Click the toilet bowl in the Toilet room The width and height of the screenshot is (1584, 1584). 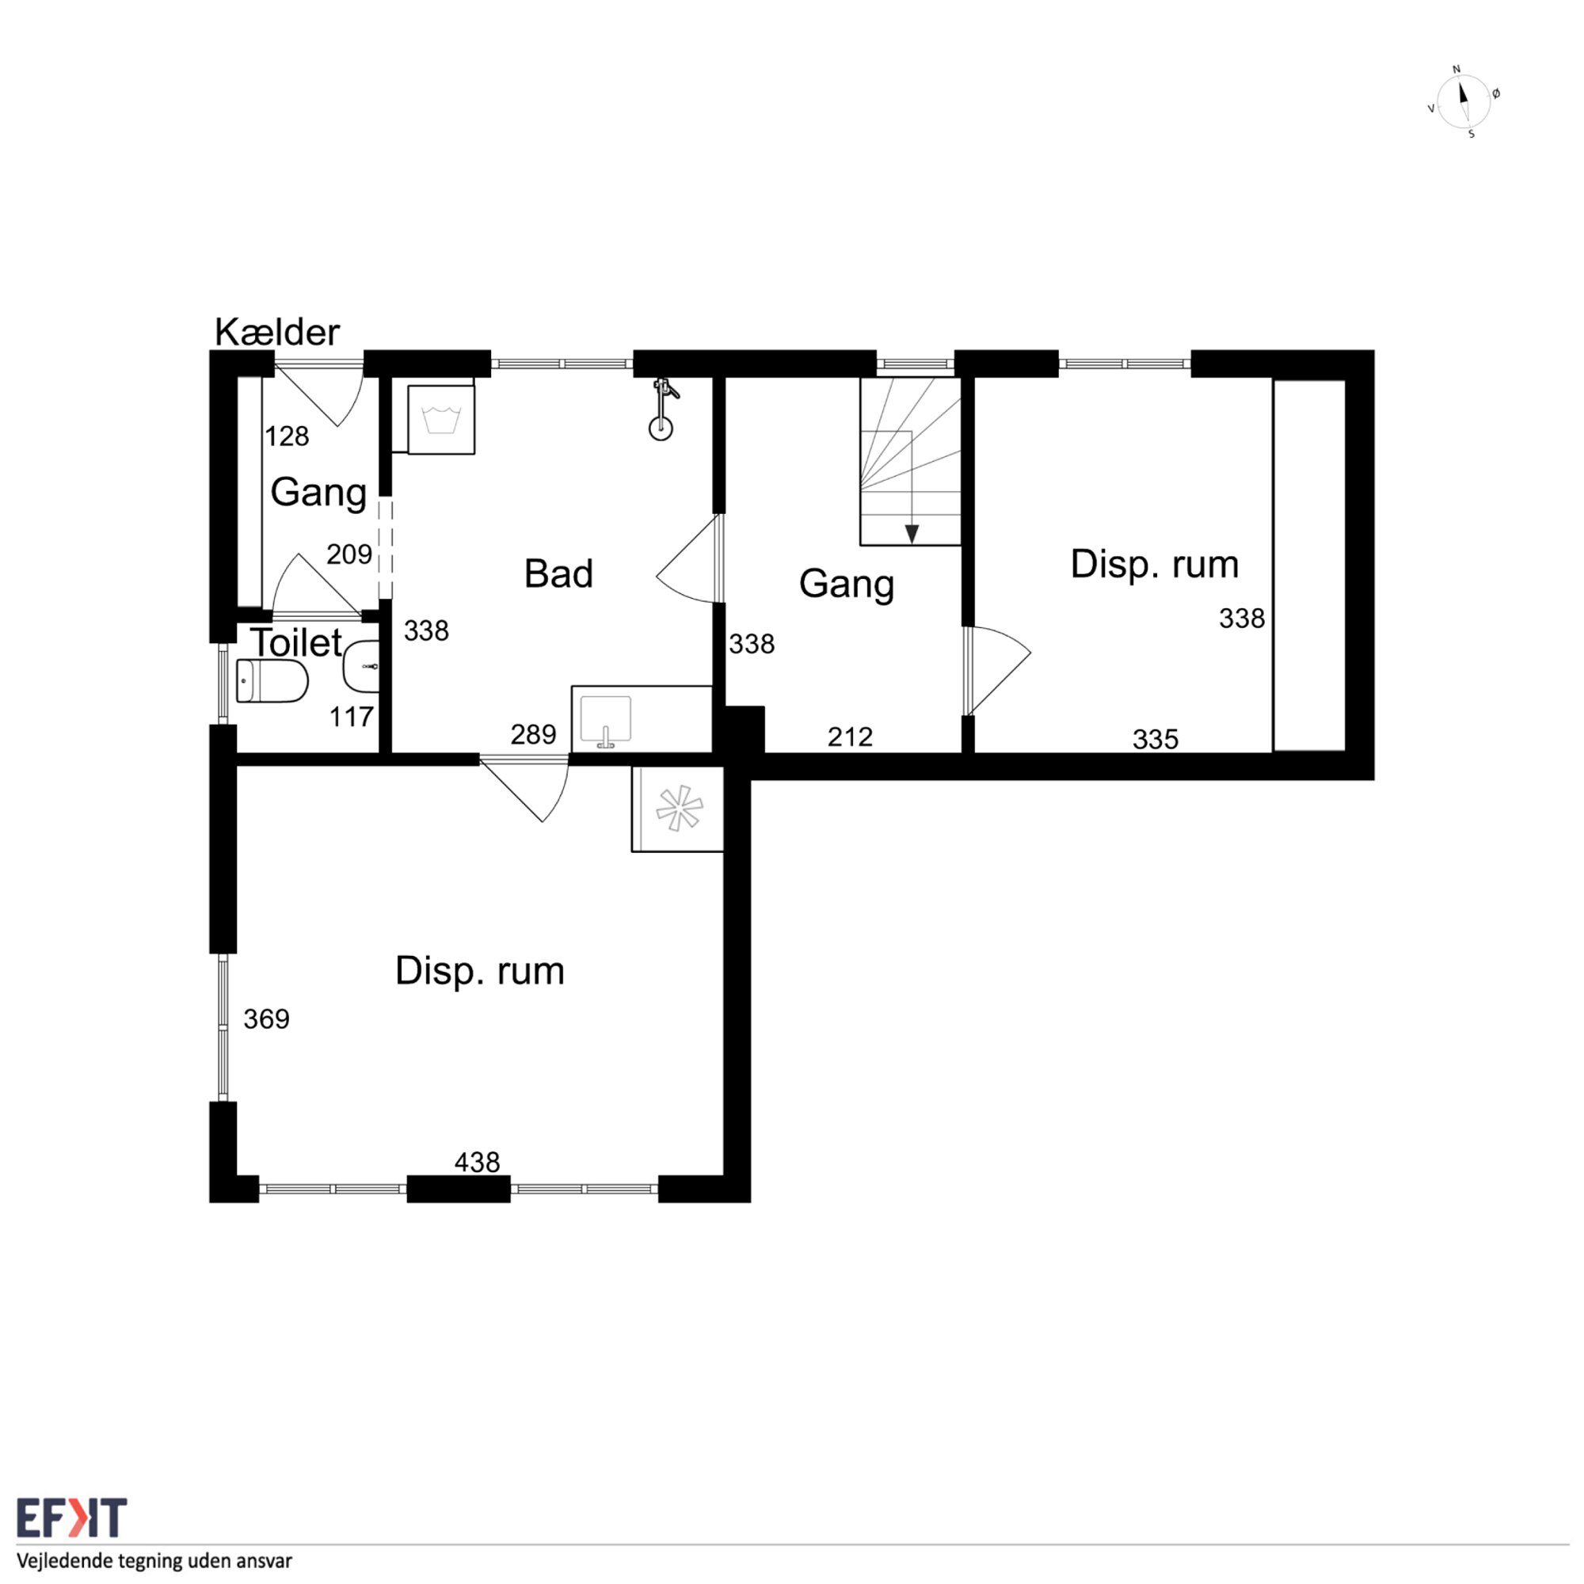click(272, 681)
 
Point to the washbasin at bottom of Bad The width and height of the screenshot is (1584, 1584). click(606, 721)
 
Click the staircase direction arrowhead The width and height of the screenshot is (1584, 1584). click(912, 534)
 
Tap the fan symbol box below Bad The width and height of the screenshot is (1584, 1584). click(677, 809)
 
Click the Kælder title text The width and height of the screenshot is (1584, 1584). click(277, 332)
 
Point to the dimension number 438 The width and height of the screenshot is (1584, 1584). click(477, 1162)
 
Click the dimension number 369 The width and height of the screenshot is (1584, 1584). click(266, 1019)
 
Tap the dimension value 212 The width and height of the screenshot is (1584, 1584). click(850, 737)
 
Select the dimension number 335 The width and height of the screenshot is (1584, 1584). click(1156, 740)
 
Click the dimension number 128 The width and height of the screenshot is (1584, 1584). click(287, 436)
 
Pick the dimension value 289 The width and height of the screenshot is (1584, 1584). click(533, 735)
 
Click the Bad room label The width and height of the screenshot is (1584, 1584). click(558, 573)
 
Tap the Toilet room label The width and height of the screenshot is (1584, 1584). click(296, 642)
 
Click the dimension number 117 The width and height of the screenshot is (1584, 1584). click(352, 718)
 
